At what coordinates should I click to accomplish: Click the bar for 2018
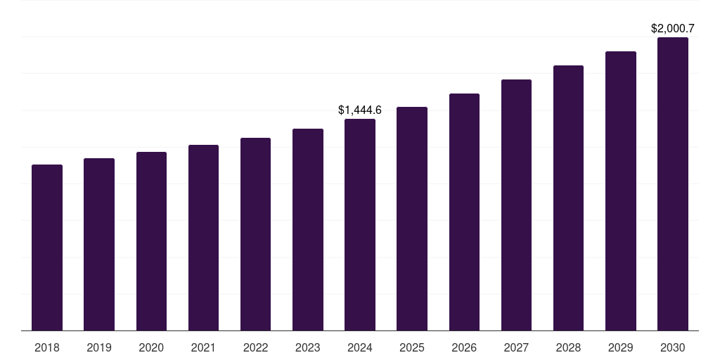click(47, 247)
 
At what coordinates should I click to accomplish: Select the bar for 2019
click(99, 244)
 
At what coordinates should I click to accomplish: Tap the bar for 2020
click(151, 241)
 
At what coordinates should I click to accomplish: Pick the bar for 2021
click(203, 238)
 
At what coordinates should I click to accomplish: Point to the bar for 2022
click(255, 234)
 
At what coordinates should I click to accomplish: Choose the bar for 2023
click(308, 229)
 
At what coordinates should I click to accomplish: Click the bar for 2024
click(360, 224)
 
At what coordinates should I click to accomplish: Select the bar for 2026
click(464, 212)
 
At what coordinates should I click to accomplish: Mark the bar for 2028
click(568, 198)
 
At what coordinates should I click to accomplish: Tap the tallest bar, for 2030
click(673, 184)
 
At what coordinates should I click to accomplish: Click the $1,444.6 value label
click(360, 110)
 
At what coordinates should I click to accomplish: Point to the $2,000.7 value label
click(673, 29)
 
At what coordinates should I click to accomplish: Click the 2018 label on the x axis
click(47, 347)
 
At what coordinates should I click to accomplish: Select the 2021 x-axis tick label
click(203, 347)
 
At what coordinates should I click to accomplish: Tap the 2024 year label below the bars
click(360, 347)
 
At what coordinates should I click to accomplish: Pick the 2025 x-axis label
click(412, 347)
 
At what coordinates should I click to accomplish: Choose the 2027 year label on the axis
click(516, 347)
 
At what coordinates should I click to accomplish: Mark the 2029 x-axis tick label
click(621, 347)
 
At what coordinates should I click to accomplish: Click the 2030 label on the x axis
click(673, 347)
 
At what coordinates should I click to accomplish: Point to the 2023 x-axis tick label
click(308, 347)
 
